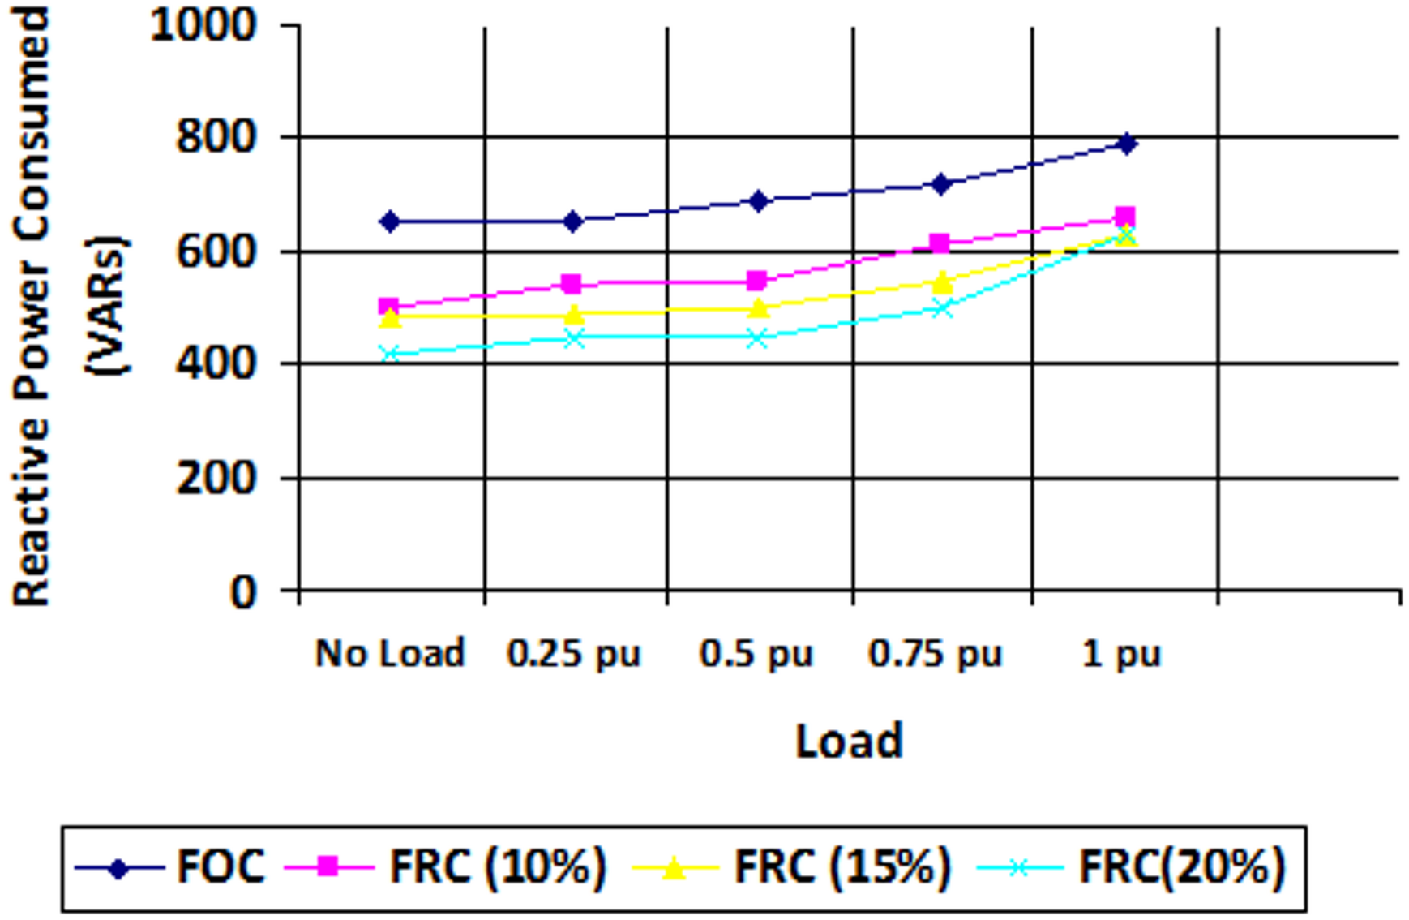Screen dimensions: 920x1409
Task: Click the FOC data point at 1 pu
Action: click(1126, 144)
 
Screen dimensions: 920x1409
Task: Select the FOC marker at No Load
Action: click(390, 221)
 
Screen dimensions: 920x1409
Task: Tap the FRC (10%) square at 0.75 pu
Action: click(940, 243)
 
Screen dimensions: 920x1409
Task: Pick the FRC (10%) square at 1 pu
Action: click(1124, 217)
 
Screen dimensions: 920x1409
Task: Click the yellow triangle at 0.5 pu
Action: click(757, 307)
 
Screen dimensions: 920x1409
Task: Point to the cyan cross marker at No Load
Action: click(390, 354)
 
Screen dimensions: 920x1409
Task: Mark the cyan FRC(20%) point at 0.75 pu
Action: click(940, 308)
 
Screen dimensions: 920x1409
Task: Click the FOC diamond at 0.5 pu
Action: click(758, 200)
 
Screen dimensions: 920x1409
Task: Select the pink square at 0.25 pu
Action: click(572, 283)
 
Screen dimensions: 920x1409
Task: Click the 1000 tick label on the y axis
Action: click(203, 26)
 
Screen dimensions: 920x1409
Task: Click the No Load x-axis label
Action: click(390, 653)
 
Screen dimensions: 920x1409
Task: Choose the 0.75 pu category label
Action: click(936, 653)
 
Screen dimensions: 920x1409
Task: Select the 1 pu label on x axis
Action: click(1122, 653)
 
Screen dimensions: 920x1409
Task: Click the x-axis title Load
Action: click(848, 740)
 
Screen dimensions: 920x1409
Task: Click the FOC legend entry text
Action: click(221, 866)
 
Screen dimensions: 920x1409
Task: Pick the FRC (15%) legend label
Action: click(842, 866)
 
